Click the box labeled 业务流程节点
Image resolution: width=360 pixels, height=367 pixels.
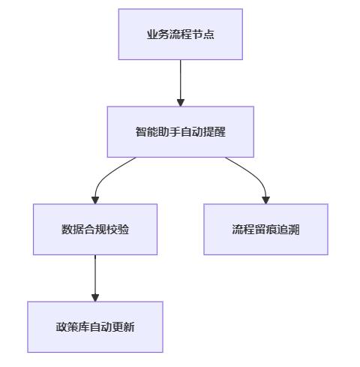click(181, 35)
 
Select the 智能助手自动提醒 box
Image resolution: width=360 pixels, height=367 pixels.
click(181, 132)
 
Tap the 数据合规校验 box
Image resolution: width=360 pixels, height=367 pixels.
click(95, 230)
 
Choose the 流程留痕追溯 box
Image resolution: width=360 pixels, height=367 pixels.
click(265, 230)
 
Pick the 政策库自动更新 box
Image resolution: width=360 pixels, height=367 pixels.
click(95, 327)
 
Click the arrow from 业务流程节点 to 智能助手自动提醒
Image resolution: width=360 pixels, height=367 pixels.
click(181, 83)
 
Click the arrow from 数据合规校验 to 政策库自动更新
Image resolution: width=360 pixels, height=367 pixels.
click(95, 278)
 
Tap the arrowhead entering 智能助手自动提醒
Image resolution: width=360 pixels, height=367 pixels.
click(181, 103)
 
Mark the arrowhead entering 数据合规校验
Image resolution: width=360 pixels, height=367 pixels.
click(95, 200)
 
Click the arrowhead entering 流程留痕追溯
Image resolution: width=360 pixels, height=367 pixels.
click(265, 200)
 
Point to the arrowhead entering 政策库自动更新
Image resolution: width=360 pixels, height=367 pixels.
click(95, 298)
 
